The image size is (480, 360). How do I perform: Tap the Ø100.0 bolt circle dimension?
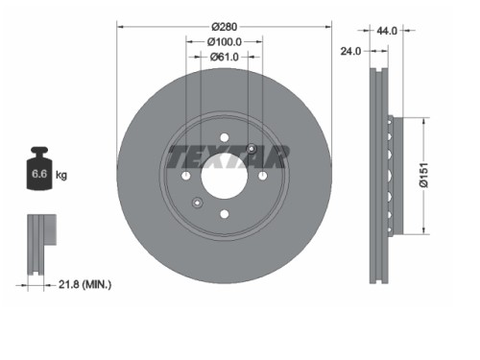tap(224, 42)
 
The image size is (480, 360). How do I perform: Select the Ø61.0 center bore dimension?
tap(225, 58)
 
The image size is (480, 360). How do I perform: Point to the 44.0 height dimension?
tap(387, 31)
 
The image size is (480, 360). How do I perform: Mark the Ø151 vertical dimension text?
tap(435, 175)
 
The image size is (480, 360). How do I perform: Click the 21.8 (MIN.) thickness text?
tap(84, 284)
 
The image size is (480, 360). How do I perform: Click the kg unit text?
tap(61, 175)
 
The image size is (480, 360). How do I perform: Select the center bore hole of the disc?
tap(224, 176)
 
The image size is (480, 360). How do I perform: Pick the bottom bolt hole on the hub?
tap(224, 215)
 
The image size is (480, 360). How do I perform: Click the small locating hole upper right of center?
tap(252, 148)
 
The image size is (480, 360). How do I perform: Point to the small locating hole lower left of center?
tap(197, 203)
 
